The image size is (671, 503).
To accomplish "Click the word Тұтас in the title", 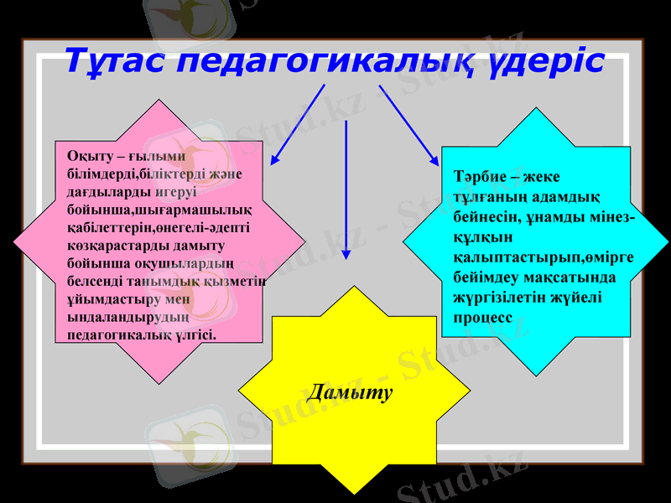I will (x=116, y=60).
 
